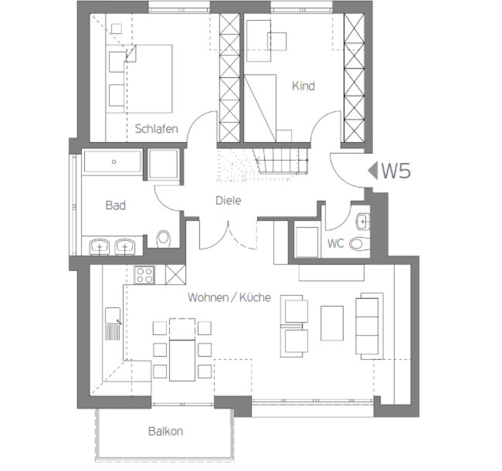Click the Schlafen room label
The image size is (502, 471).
[x=156, y=129]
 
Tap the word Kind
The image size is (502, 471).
[x=304, y=86]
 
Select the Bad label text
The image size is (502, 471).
[x=116, y=205]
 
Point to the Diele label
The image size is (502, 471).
[x=229, y=200]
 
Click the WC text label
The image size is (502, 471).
[x=335, y=243]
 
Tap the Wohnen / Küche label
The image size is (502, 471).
[x=229, y=297]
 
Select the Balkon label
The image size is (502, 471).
[x=165, y=431]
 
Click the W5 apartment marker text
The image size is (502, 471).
[x=396, y=171]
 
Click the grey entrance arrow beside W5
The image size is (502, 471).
[x=373, y=171]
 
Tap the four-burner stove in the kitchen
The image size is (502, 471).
[x=144, y=275]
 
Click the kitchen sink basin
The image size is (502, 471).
[x=113, y=316]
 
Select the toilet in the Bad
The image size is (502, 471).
[x=163, y=239]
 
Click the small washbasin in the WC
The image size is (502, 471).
[x=363, y=222]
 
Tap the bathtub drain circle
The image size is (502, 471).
[x=114, y=162]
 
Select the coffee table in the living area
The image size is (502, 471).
[x=332, y=324]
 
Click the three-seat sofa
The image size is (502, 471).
[x=369, y=326]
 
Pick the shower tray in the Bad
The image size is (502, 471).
[x=163, y=164]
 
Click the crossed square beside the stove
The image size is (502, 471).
[x=175, y=275]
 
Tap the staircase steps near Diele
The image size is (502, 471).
[x=280, y=161]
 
